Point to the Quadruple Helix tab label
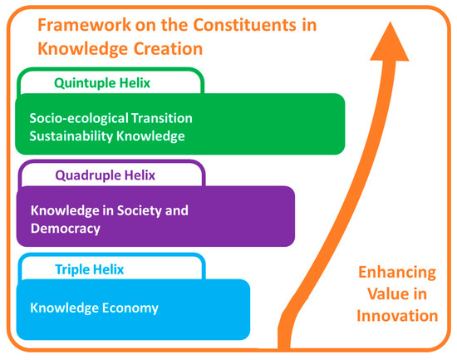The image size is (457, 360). click(105, 175)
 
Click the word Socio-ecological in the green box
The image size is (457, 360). click(77, 117)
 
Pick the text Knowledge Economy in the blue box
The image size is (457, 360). click(94, 308)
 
